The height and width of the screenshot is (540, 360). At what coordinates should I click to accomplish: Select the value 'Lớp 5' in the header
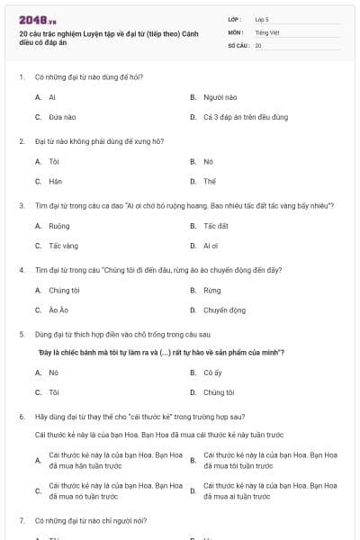click(262, 18)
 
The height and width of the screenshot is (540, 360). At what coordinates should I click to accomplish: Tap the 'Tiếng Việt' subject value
click(266, 31)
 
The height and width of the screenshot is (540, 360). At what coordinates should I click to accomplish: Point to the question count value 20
click(258, 44)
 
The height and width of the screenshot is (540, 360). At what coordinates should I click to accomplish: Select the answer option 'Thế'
click(210, 181)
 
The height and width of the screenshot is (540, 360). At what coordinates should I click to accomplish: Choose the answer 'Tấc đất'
click(216, 226)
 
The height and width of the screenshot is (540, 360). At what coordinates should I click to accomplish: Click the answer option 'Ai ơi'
click(211, 246)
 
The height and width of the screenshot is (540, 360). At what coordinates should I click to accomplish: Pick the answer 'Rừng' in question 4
click(211, 291)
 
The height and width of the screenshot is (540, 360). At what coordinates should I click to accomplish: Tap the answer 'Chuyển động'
click(224, 310)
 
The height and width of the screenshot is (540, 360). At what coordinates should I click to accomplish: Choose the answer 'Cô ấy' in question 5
click(212, 373)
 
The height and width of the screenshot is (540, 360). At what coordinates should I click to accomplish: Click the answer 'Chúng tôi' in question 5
click(219, 392)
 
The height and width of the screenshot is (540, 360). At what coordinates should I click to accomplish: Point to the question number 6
click(21, 418)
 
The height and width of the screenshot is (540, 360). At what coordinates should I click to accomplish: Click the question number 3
click(21, 206)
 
